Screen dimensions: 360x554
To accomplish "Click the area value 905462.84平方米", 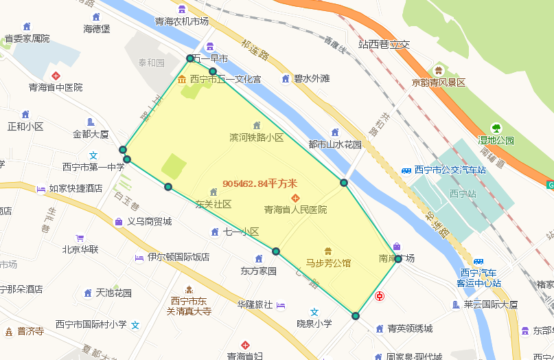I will [x=259, y=183].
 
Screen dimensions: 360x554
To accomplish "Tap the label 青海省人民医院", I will [x=295, y=209].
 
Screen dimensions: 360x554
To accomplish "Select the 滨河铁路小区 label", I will [x=256, y=137].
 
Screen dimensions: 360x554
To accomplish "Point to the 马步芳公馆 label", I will [x=328, y=262].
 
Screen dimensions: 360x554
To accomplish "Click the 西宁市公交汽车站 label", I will [x=450, y=170].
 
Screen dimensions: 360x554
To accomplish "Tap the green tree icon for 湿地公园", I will [x=496, y=128].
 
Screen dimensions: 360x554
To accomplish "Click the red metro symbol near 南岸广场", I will [x=380, y=296].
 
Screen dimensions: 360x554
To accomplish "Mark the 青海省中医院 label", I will [x=55, y=87].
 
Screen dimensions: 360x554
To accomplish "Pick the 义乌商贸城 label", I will [x=149, y=221].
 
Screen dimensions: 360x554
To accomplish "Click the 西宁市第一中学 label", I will [x=93, y=166].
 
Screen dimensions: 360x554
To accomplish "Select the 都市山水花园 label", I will [x=334, y=144].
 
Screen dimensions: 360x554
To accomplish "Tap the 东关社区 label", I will [x=213, y=204].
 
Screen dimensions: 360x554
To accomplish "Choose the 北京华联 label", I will [x=80, y=249].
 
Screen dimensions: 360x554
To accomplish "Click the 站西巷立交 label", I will [x=384, y=44].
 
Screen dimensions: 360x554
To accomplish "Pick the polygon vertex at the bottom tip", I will [x=356, y=316].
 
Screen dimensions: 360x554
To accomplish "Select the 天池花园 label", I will [x=113, y=293].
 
